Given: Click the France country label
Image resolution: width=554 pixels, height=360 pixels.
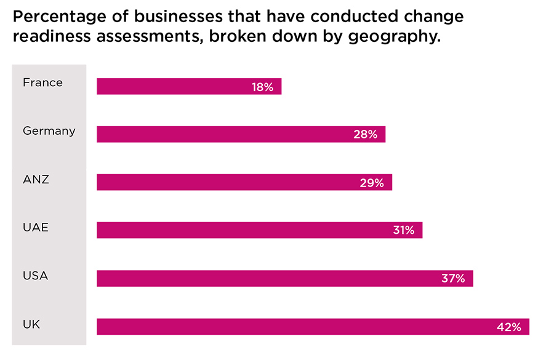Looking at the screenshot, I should (x=42, y=82).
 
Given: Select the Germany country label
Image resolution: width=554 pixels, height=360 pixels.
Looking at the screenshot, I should (x=49, y=130).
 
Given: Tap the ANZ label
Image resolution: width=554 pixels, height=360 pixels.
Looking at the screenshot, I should (x=36, y=179).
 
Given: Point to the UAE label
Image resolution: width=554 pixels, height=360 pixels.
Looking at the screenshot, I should (x=36, y=227).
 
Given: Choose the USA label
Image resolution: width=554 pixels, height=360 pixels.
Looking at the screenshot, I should (x=35, y=276).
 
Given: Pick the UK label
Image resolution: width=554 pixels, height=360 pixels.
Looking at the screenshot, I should (x=31, y=324).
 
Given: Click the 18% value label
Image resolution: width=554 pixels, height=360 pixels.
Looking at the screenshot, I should (x=262, y=87).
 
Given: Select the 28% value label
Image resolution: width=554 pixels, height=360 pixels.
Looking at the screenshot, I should (x=365, y=134).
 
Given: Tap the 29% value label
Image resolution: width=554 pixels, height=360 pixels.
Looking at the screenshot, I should (x=372, y=183).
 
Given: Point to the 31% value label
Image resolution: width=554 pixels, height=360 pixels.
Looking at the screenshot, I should (x=403, y=231).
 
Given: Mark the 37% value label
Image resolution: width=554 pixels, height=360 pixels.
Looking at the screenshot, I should (x=453, y=279).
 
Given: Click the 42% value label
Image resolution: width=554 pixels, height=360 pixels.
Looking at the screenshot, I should (x=508, y=327).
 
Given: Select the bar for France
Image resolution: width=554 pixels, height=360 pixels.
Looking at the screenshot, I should (x=172, y=87).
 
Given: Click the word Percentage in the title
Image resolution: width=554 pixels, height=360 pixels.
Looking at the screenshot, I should (x=54, y=17).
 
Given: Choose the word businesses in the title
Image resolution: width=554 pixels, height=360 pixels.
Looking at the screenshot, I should (x=171, y=16).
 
